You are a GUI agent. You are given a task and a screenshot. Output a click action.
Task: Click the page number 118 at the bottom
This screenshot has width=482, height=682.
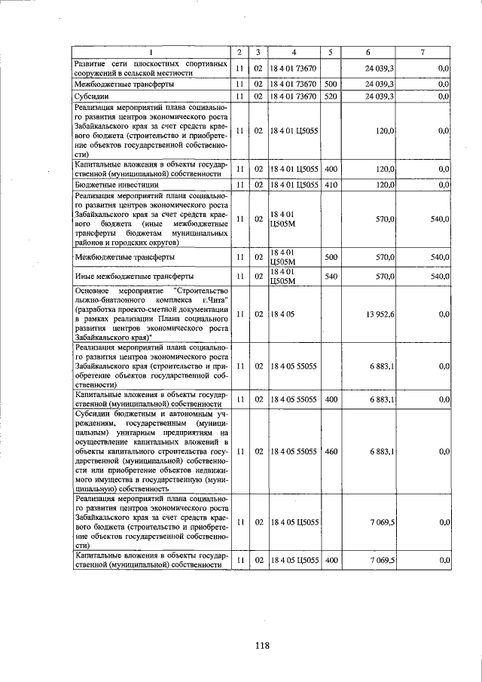(262, 645)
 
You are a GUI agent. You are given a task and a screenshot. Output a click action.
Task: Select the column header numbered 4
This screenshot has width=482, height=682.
(294, 52)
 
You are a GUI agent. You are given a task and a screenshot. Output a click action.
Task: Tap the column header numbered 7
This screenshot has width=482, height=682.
(423, 52)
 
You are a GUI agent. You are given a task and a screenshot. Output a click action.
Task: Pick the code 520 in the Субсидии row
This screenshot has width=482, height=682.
(330, 96)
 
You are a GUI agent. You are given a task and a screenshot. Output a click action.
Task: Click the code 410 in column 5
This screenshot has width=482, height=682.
(330, 185)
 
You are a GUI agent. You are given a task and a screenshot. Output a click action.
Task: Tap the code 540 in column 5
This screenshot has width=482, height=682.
(330, 277)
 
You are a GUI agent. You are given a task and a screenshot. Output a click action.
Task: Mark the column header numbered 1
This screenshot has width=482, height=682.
(151, 52)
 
